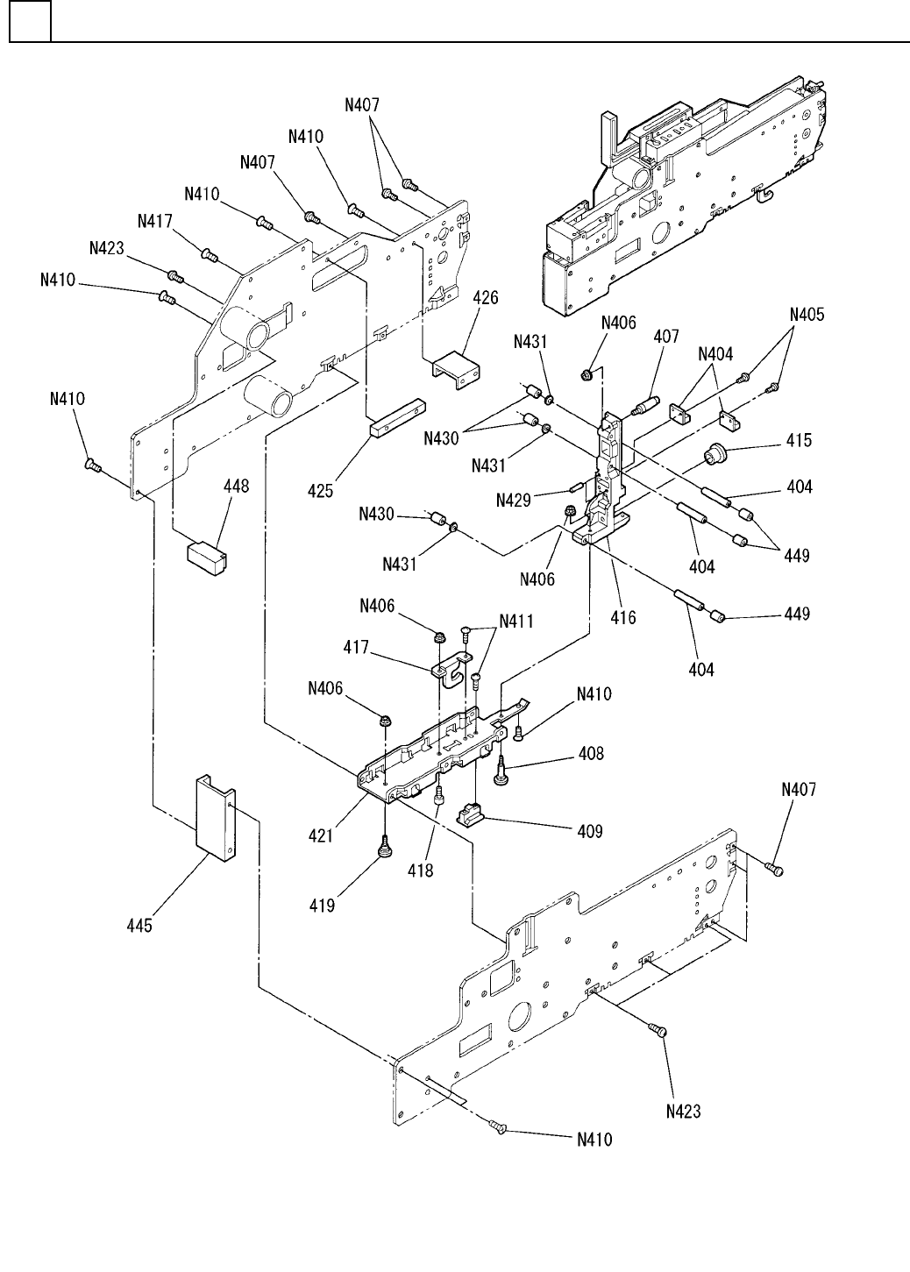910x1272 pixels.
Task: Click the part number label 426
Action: coord(486,299)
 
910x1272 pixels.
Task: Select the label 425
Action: coord(320,492)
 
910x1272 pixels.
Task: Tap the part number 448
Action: coord(236,487)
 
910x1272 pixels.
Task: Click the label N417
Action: coord(153,223)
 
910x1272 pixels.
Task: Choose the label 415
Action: coord(799,441)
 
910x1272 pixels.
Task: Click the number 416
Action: coord(623,617)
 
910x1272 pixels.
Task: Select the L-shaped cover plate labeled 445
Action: coord(215,815)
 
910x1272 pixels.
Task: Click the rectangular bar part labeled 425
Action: coord(396,419)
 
